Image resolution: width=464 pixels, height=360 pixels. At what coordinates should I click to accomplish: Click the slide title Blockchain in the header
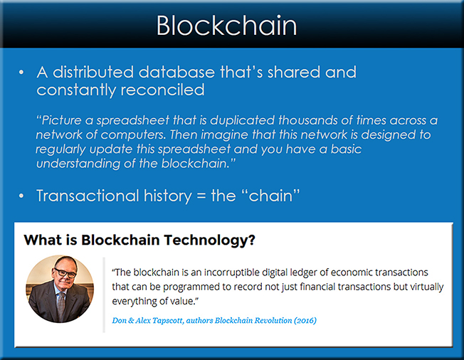click(226, 26)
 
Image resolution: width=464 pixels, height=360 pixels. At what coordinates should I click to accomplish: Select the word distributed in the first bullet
click(93, 72)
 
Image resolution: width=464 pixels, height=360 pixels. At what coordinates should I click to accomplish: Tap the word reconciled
click(162, 90)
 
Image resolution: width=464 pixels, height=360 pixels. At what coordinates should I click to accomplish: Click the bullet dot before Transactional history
click(21, 196)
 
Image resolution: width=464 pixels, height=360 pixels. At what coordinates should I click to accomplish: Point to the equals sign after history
click(201, 196)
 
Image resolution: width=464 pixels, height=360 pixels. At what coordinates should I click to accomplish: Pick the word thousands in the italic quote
click(307, 120)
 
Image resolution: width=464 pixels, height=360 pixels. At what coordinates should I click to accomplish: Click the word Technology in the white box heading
click(209, 240)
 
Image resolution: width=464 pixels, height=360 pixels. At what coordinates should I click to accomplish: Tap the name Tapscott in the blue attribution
click(168, 320)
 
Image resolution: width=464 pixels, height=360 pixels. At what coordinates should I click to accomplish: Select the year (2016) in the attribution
click(305, 320)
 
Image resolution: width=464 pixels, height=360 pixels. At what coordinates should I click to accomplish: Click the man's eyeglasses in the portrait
click(65, 272)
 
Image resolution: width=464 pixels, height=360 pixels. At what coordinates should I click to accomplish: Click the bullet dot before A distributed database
click(21, 72)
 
